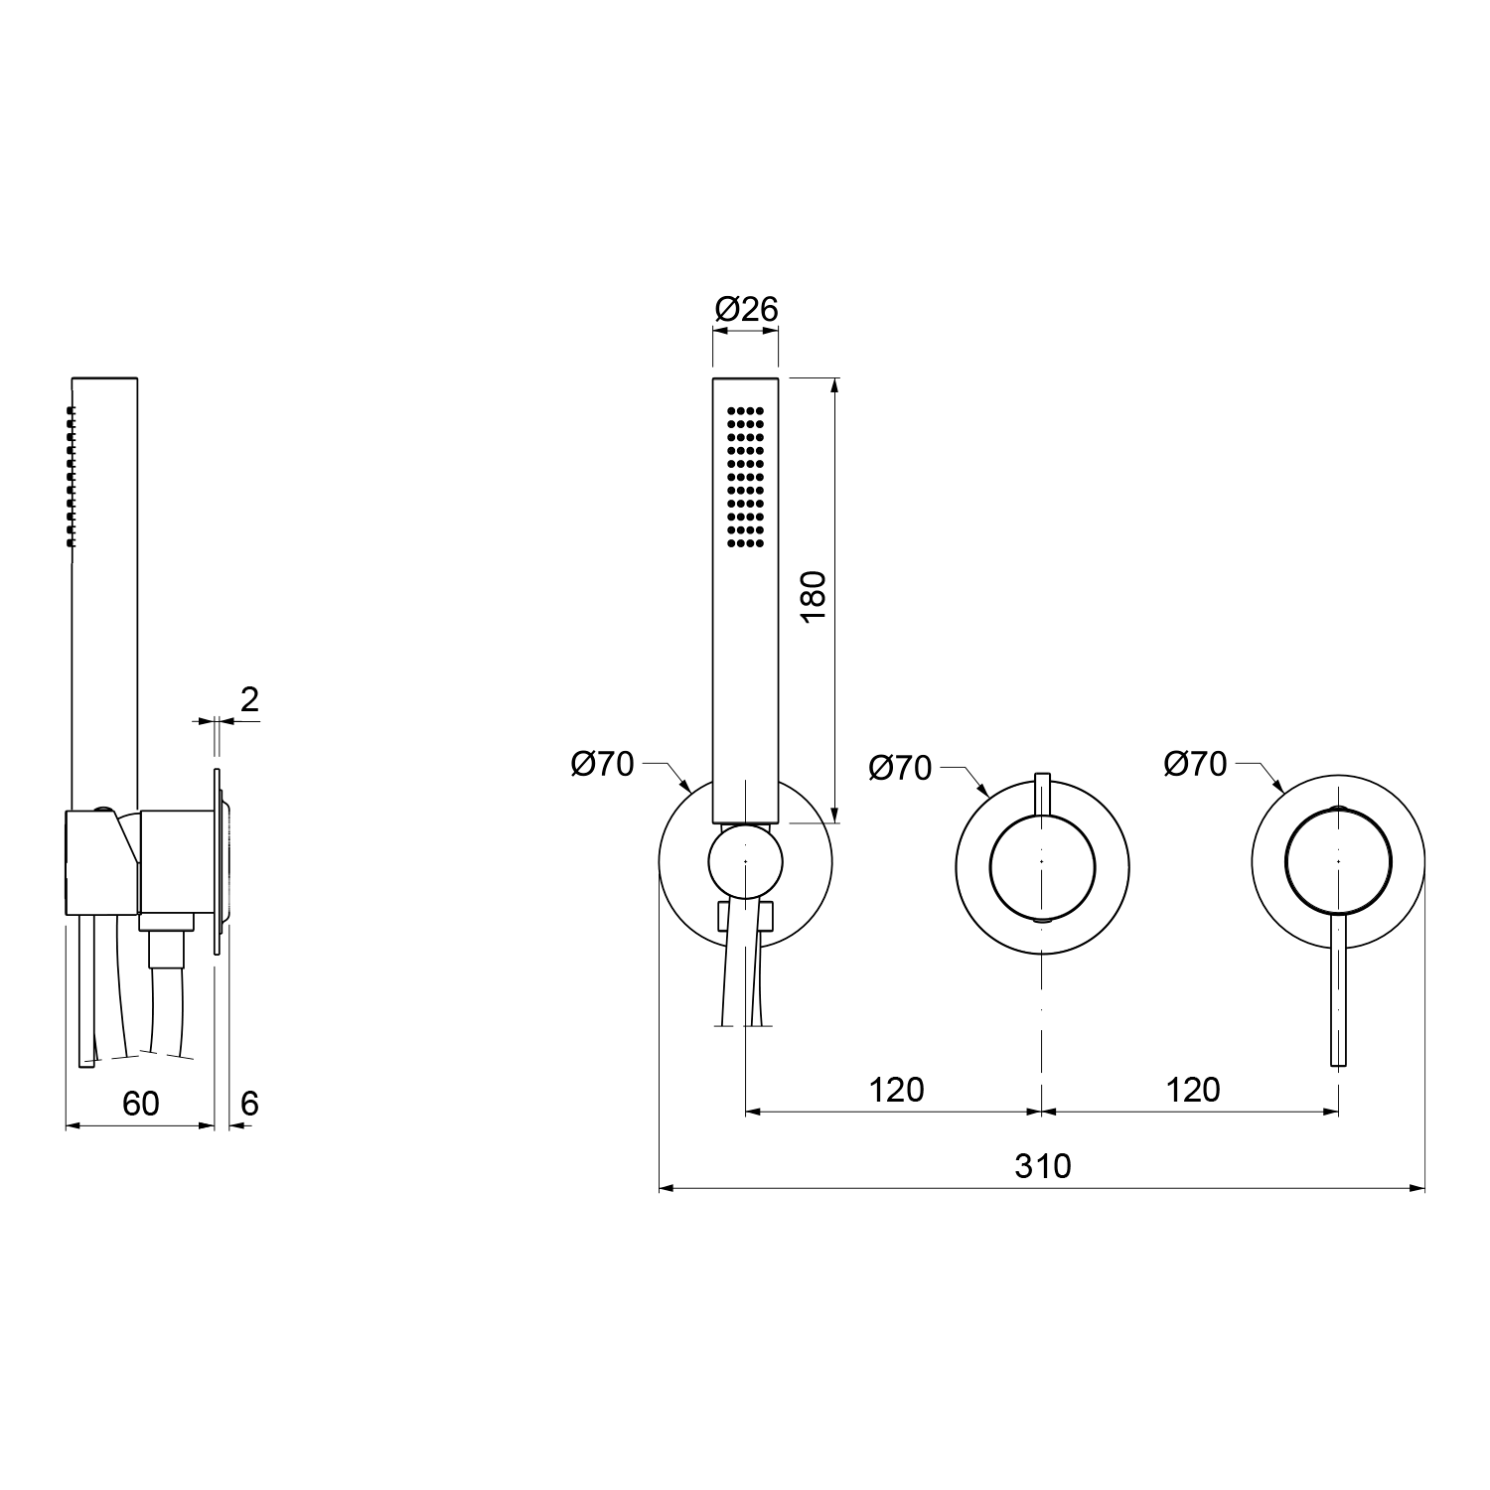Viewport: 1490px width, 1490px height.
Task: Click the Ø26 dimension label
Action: tap(746, 310)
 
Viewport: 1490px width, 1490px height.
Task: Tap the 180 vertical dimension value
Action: tap(814, 596)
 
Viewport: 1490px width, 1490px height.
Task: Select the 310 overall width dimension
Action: tap(1043, 1165)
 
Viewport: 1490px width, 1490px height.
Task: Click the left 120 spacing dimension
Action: tap(897, 1090)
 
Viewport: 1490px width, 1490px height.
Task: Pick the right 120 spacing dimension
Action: tap(1193, 1090)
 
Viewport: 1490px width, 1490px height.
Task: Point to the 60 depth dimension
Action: tap(140, 1104)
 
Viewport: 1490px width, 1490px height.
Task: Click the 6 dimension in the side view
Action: tap(249, 1104)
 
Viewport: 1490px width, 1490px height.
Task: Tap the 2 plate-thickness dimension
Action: tap(249, 700)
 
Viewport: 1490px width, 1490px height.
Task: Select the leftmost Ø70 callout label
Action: tap(602, 764)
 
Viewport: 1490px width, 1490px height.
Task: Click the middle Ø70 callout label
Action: tap(900, 767)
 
